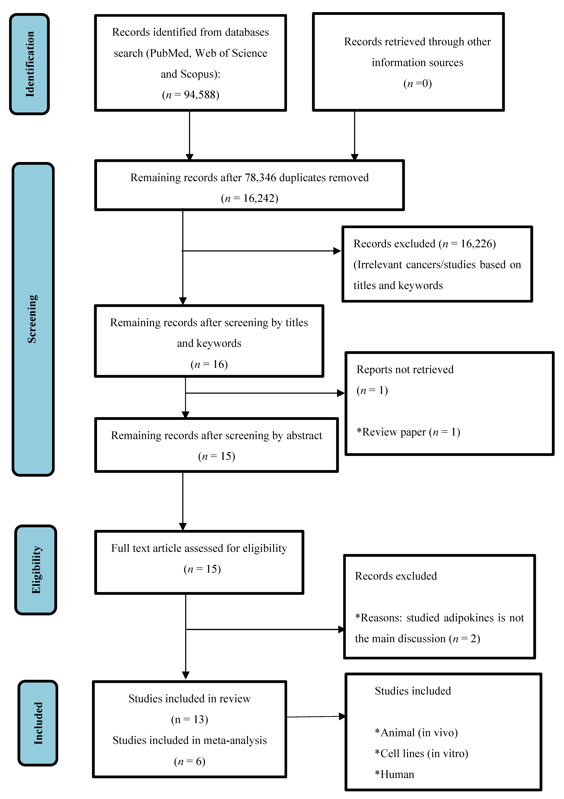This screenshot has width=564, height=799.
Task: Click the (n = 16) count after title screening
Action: click(x=209, y=364)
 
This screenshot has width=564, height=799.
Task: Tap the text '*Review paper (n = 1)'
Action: click(x=408, y=432)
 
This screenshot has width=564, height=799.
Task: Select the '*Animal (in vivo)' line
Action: click(x=416, y=733)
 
